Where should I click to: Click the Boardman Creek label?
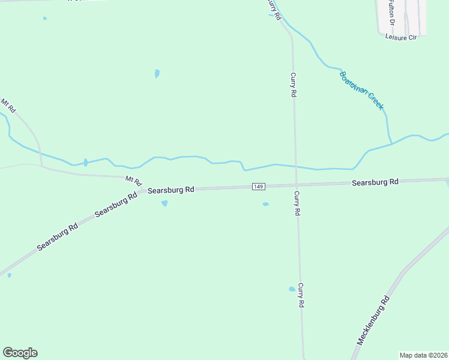(361, 91)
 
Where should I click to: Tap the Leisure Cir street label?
(400, 37)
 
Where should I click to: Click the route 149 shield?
(258, 187)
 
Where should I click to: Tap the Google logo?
(20, 353)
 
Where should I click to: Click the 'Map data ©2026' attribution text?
(424, 355)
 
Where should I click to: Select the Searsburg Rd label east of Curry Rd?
(375, 182)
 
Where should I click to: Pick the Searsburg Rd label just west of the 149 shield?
(171, 190)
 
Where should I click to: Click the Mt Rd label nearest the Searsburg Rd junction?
(133, 179)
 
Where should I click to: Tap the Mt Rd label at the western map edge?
(8, 106)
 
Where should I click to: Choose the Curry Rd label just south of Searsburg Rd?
(296, 203)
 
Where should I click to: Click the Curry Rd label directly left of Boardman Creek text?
(293, 85)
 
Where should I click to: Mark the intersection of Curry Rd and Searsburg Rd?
(296, 184)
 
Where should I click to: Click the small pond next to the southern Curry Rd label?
(292, 289)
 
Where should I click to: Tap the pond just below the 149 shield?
(265, 205)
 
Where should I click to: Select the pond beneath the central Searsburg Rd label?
(164, 203)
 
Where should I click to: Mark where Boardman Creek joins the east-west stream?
(391, 145)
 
